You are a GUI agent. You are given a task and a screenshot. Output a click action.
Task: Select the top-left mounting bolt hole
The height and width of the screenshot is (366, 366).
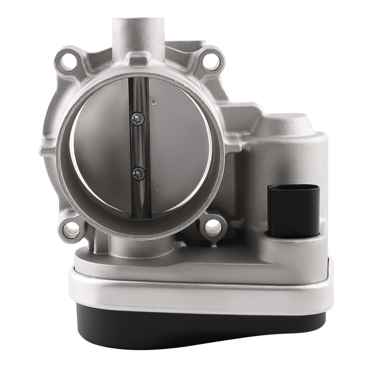tap(68, 60)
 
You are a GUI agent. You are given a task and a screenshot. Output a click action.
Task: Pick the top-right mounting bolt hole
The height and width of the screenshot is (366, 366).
tap(211, 60)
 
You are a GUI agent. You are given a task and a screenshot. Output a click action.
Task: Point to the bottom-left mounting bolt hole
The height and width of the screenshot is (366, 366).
tap(71, 229)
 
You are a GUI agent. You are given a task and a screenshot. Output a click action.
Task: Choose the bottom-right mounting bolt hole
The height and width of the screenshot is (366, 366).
tap(213, 227)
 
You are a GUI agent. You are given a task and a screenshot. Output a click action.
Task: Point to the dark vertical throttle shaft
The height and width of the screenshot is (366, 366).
tap(140, 146)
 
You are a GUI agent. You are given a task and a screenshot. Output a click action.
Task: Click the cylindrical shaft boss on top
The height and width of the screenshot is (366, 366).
tap(139, 37)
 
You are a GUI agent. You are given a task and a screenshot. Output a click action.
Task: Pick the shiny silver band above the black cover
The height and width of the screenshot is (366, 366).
tap(201, 292)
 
